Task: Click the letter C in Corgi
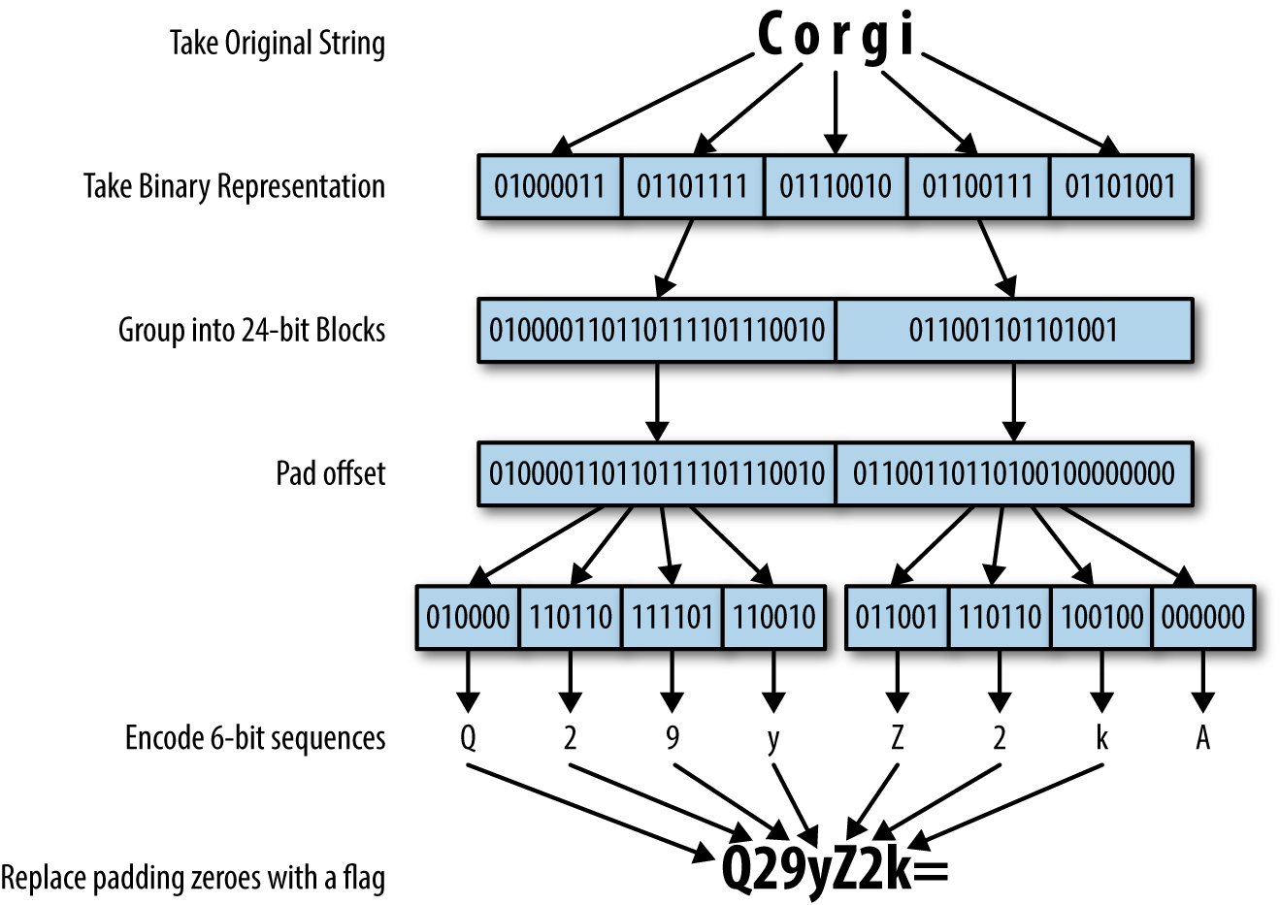click(x=771, y=37)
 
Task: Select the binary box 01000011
click(x=549, y=185)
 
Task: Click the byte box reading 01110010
click(x=835, y=185)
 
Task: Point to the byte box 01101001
click(x=1121, y=185)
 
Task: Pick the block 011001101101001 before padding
click(x=1013, y=330)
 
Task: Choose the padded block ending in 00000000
click(x=1013, y=473)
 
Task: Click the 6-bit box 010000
click(x=468, y=617)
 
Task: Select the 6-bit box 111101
click(x=672, y=617)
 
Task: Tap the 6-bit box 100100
click(x=1101, y=617)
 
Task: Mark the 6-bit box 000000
click(x=1202, y=617)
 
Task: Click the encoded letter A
click(x=1202, y=738)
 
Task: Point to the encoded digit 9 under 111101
click(x=672, y=738)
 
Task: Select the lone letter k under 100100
click(x=1101, y=738)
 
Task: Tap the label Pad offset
click(x=330, y=473)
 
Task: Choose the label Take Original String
click(x=277, y=44)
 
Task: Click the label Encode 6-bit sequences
click(x=254, y=738)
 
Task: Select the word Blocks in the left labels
click(x=350, y=330)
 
